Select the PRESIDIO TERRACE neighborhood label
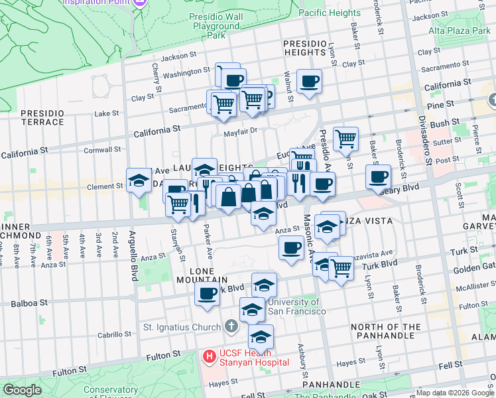tap(42, 117)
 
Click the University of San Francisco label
tap(296, 306)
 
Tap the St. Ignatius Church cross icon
tap(230, 326)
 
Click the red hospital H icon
tap(210, 357)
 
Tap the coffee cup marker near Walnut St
tap(309, 82)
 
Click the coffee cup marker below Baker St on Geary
tap(378, 177)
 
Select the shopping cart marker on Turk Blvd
tap(341, 269)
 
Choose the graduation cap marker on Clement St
tap(139, 180)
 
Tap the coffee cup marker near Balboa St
tap(207, 294)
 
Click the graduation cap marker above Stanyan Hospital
tap(261, 336)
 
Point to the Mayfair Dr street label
tap(239, 131)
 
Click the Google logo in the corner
tap(22, 390)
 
